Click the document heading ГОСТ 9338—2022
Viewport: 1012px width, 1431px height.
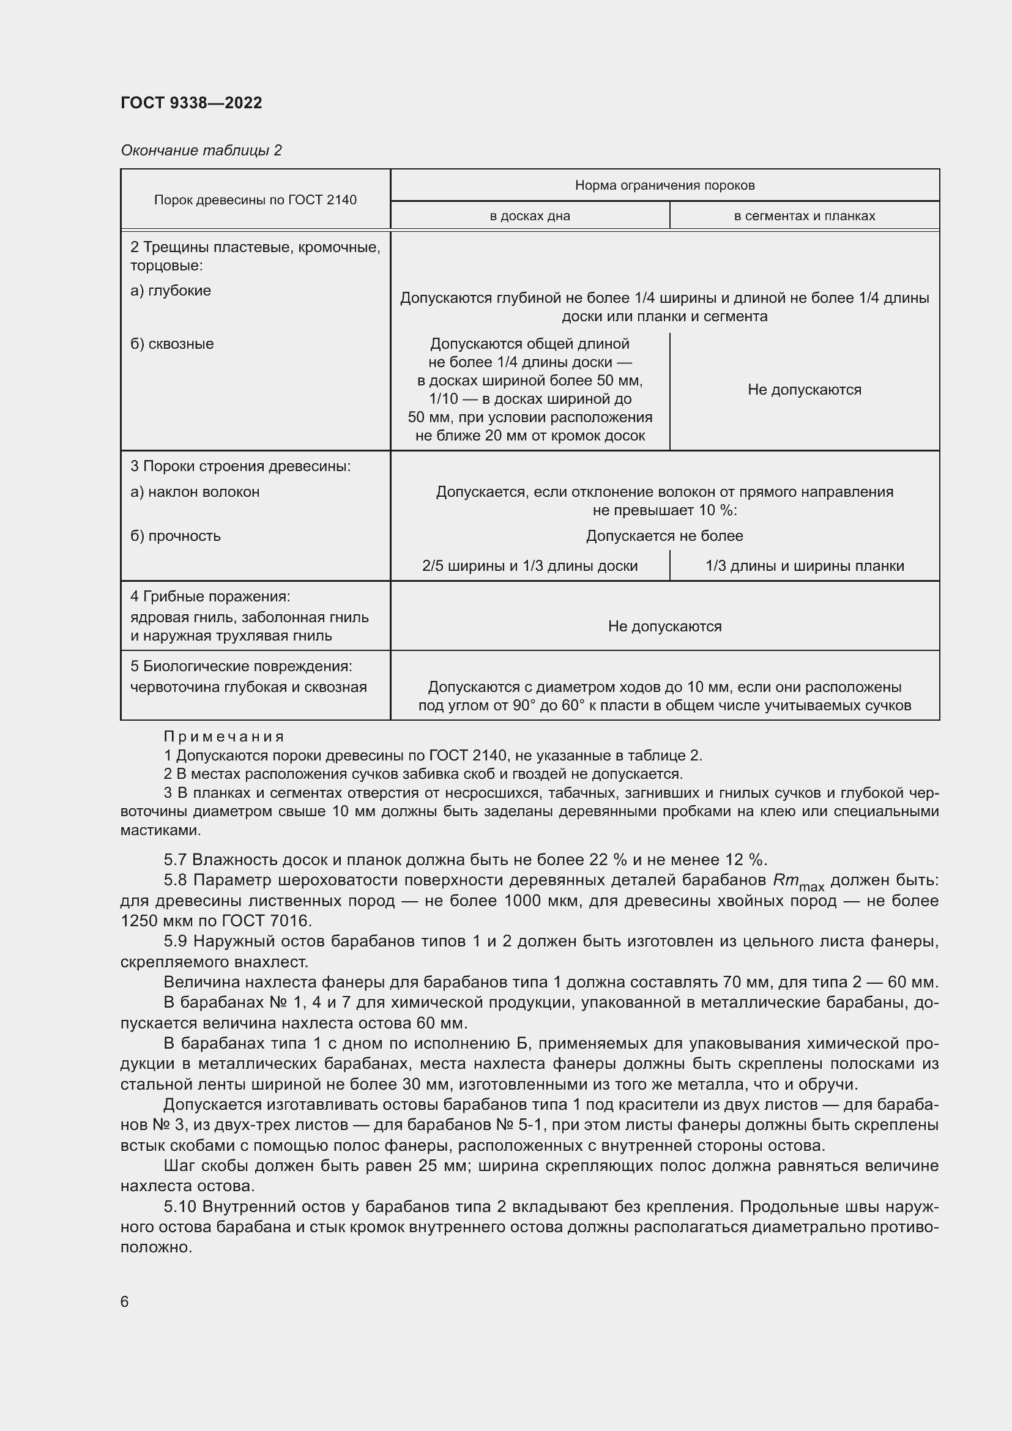pos(192,103)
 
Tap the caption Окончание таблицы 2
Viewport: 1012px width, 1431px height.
pos(201,151)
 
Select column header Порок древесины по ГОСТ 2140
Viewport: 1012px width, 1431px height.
pos(255,200)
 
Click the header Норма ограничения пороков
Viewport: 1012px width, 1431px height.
pos(664,185)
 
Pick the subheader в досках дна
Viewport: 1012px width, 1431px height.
pos(530,215)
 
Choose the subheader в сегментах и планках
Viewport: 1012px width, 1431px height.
pos(804,215)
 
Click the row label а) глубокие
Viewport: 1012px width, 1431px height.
pos(171,291)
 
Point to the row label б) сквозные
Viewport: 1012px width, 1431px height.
pos(172,344)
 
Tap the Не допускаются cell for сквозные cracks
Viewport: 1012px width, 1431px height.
pos(804,390)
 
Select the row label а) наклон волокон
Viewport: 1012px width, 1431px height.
pos(195,492)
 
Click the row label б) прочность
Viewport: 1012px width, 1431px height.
pos(176,536)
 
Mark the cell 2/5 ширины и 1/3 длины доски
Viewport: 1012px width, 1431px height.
pos(530,566)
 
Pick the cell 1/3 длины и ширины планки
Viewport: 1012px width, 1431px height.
pos(804,566)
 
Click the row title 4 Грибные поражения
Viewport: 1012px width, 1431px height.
pos(210,597)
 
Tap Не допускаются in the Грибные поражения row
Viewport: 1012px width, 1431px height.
pos(664,626)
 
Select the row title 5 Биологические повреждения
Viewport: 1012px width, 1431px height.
pos(241,666)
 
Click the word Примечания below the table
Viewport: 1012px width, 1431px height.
pos(224,737)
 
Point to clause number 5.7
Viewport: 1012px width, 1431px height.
pos(175,860)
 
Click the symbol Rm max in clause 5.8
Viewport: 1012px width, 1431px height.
pos(798,881)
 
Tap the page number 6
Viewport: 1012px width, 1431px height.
pos(125,1302)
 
